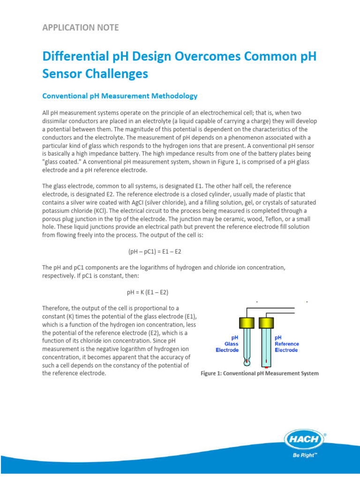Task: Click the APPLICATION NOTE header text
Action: (x=80, y=27)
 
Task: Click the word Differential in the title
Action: (x=73, y=57)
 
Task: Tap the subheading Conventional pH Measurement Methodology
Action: (x=120, y=96)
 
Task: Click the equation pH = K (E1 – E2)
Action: (x=148, y=292)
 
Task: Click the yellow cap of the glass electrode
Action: (x=246, y=322)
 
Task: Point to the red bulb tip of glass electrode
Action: (x=247, y=361)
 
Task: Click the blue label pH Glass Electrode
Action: (x=227, y=343)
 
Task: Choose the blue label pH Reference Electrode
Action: (x=286, y=343)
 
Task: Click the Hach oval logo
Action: (x=304, y=440)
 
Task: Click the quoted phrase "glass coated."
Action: (x=61, y=162)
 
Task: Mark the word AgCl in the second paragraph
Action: (x=135, y=202)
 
